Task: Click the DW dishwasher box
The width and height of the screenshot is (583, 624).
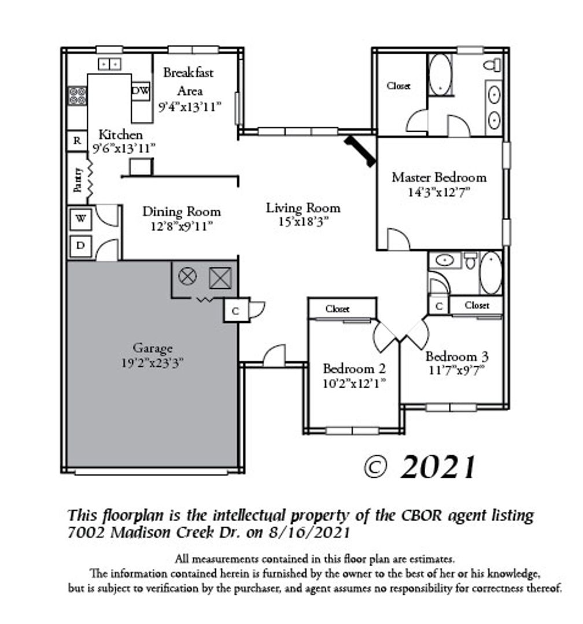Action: [141, 91]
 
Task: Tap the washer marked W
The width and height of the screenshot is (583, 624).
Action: [81, 219]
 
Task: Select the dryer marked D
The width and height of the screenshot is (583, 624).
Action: [81, 246]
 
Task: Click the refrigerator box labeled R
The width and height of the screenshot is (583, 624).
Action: [77, 141]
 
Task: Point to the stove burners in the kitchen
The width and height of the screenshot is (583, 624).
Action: [77, 96]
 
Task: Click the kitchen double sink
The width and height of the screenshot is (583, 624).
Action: [109, 64]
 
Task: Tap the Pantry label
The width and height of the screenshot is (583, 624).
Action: [78, 180]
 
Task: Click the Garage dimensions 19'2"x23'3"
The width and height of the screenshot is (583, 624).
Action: [152, 363]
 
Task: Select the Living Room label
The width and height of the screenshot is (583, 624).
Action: [303, 208]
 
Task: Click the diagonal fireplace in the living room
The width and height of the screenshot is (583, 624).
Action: [360, 151]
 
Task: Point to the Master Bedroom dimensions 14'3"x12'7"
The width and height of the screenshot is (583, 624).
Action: [439, 192]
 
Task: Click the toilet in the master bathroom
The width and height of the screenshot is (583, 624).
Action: [493, 65]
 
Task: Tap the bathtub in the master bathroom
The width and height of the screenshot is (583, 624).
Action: [440, 75]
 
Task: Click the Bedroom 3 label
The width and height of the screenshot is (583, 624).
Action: [457, 356]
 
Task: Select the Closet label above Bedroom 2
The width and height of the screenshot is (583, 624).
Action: [337, 309]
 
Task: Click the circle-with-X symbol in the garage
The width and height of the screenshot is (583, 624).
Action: [187, 276]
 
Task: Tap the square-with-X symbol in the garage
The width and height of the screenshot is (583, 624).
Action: [220, 278]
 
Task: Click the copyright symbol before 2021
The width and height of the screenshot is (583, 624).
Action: [375, 467]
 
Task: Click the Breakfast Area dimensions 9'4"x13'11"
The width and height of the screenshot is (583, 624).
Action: [190, 107]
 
